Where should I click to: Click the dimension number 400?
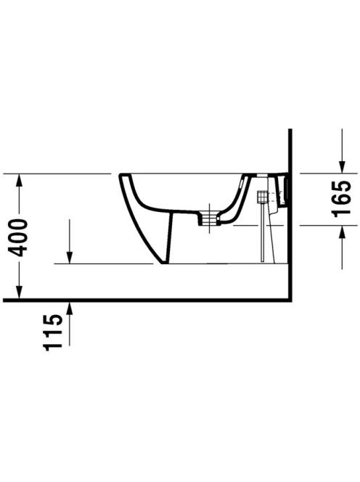click(x=18, y=237)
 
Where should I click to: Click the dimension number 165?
click(x=341, y=199)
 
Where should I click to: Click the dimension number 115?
click(x=53, y=332)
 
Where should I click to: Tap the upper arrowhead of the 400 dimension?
click(x=19, y=180)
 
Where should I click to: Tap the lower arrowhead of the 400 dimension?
click(x=19, y=292)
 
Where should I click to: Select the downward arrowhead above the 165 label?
click(x=342, y=167)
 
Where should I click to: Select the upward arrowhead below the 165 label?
click(x=342, y=232)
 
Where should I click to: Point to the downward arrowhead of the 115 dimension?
click(x=70, y=257)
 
